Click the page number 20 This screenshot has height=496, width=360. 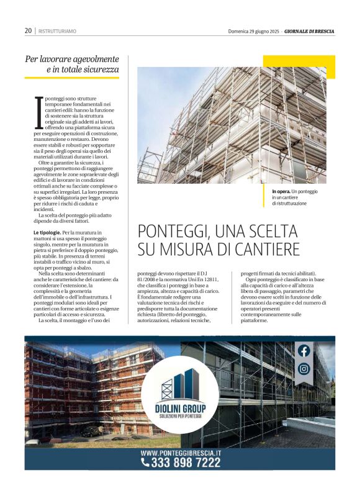click(x=29, y=30)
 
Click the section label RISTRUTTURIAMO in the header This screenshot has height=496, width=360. click(x=57, y=31)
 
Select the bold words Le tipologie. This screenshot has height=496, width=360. click(x=48, y=232)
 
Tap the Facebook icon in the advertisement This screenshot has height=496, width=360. click(x=304, y=351)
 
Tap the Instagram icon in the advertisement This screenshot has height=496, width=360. click(x=304, y=369)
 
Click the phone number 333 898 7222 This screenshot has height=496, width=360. click(x=186, y=463)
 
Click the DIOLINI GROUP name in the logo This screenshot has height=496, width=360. click(x=180, y=408)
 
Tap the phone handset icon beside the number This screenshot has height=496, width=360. click(x=145, y=462)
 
